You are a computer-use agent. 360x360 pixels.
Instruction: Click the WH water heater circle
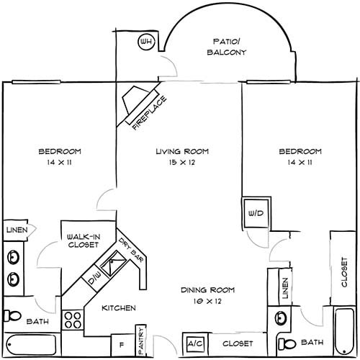146,42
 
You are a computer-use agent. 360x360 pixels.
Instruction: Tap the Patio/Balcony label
227,47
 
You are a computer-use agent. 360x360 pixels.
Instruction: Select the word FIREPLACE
149,113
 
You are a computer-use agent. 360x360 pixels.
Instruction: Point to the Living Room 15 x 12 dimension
182,163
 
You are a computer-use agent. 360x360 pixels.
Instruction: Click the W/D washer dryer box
256,212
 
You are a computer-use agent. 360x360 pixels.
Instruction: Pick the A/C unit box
196,343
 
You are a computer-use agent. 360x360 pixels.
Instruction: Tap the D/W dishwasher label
94,278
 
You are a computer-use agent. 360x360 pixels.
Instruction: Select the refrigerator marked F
122,345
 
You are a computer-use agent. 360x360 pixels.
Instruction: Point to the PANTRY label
141,341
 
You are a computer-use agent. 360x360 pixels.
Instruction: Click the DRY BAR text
131,250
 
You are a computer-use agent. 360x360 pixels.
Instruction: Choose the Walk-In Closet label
83,241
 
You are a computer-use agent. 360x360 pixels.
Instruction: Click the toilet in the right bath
287,344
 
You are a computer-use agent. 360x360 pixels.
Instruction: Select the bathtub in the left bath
31,345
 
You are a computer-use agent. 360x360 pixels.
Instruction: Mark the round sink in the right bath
281,318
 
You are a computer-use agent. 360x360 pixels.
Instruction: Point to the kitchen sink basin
113,263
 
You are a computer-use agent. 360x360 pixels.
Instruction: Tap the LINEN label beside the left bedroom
17,230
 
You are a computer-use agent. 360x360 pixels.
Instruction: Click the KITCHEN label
119,308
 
